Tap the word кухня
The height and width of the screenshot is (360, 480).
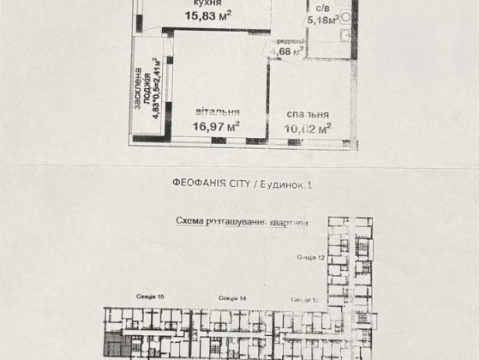point(205,5)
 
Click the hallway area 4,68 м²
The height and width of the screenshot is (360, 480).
point(285,51)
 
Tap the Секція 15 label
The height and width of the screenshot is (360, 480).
point(149,296)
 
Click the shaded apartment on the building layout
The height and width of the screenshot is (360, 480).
point(114,347)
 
